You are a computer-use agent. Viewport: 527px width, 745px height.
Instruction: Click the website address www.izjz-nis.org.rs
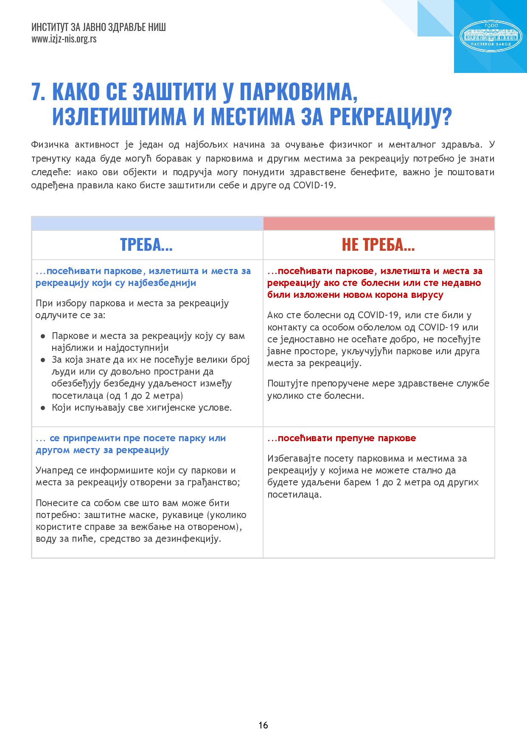click(x=64, y=39)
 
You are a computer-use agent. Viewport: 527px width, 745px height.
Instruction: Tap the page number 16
click(x=263, y=725)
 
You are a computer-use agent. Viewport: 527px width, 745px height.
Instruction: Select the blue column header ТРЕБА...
click(x=146, y=245)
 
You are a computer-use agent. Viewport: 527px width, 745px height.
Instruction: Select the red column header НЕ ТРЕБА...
click(x=378, y=245)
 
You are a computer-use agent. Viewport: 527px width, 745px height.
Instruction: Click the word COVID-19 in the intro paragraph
click(x=314, y=186)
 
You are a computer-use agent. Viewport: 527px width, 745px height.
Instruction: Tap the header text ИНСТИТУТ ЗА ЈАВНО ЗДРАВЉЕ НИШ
click(x=98, y=28)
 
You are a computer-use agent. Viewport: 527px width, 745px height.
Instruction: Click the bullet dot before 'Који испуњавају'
click(x=43, y=408)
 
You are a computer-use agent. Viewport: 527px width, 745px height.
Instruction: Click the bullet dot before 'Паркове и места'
click(x=43, y=336)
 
